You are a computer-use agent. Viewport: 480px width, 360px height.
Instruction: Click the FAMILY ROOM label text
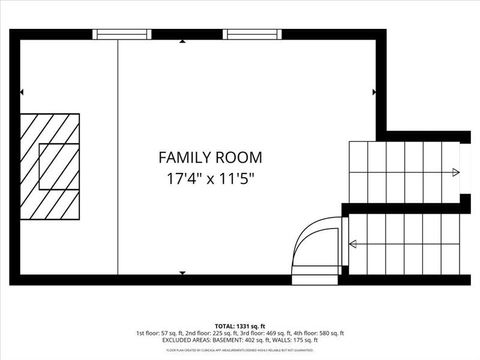pos(210,157)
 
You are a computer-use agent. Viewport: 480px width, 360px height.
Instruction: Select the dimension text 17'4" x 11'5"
pos(210,180)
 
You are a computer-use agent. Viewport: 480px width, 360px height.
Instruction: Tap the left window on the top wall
pos(121,34)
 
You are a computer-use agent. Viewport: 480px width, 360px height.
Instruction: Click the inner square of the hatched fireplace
pos(58,166)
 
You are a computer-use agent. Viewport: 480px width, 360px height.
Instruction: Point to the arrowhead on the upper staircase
pos(455,173)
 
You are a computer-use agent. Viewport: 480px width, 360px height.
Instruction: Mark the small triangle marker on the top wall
pos(181,42)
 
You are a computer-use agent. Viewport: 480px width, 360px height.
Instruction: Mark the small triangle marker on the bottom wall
pos(181,272)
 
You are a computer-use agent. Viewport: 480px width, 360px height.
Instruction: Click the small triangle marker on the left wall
pos(22,92)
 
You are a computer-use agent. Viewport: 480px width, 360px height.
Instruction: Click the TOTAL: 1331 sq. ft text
pos(240,326)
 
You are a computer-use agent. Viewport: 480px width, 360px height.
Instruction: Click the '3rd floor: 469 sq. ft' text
pos(262,333)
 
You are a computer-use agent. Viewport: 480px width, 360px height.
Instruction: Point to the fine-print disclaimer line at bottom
pos(240,350)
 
